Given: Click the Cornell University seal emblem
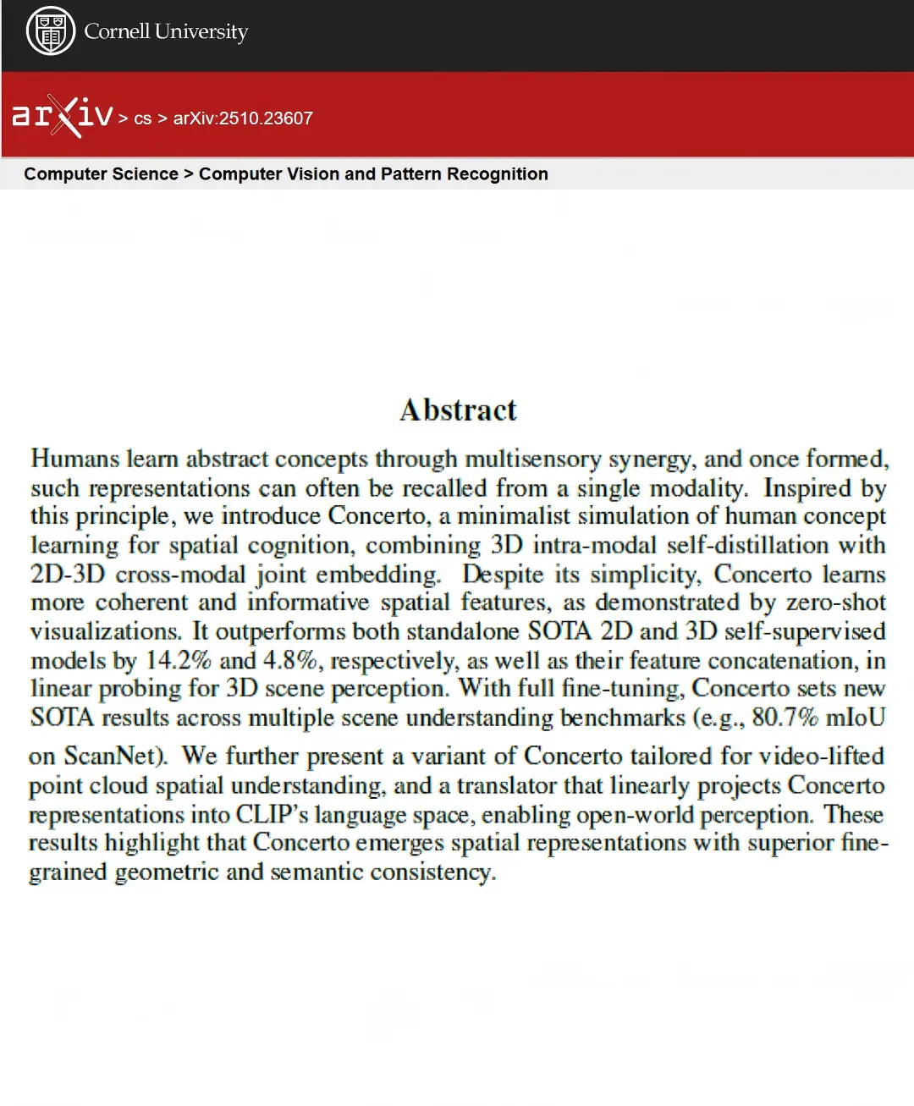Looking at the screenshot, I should click(x=51, y=31).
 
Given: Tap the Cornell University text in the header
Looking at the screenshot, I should click(x=166, y=32).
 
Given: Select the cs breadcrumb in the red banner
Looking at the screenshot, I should click(x=142, y=119).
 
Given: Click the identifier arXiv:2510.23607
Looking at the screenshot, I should click(x=243, y=118).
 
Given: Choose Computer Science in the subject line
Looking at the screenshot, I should click(x=101, y=173).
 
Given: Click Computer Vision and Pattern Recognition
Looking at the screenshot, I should click(x=373, y=173).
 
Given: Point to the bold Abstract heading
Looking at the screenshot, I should click(x=458, y=410).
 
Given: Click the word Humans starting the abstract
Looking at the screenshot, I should click(x=74, y=459).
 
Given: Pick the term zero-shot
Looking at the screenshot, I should click(x=836, y=603).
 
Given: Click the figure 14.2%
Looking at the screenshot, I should click(x=178, y=660).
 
